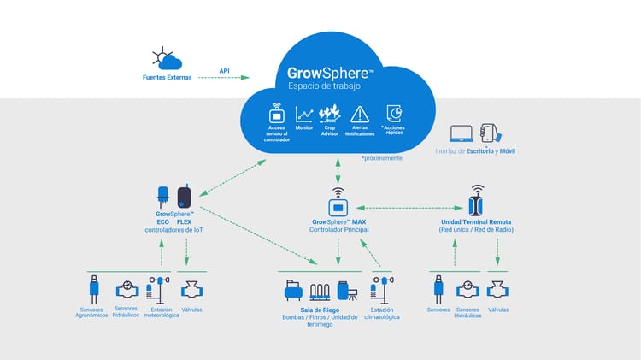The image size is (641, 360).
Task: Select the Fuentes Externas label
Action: (x=167, y=79)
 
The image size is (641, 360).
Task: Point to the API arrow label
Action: (x=224, y=71)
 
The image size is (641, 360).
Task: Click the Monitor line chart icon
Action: (x=304, y=114)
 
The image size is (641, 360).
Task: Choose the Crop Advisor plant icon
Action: (x=329, y=114)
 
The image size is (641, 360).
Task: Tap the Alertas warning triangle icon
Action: (x=360, y=114)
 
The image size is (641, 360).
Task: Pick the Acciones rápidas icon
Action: (x=394, y=114)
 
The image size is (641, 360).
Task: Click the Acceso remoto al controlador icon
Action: (x=277, y=114)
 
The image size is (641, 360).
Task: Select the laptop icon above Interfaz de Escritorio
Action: (x=462, y=134)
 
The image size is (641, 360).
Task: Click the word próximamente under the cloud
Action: (x=381, y=158)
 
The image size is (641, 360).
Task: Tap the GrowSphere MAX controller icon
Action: (x=338, y=205)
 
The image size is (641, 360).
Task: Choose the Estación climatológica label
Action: (x=381, y=313)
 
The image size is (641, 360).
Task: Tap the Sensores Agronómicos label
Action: (x=91, y=313)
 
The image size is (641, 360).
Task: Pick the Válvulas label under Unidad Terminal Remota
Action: (x=497, y=310)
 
